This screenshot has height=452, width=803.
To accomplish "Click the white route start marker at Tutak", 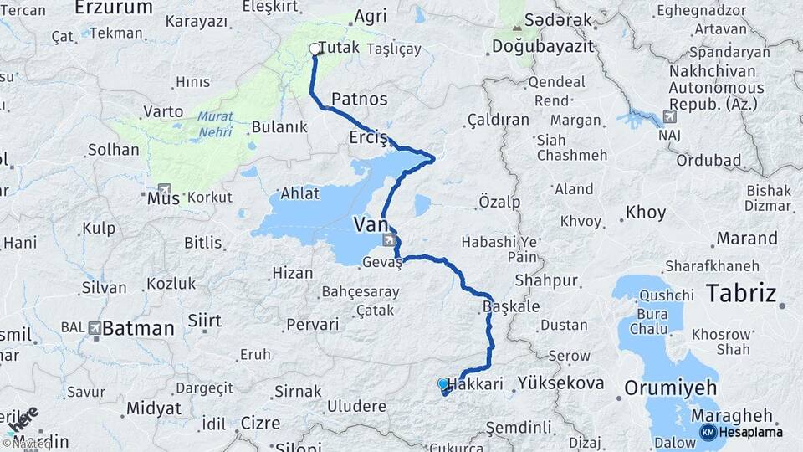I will (x=315, y=49).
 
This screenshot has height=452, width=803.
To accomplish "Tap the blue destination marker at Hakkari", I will (x=443, y=384).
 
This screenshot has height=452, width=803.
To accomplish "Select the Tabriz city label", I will (x=741, y=294).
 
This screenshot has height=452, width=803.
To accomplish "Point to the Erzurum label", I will (x=114, y=8).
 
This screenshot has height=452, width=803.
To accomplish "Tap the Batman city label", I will (x=139, y=327).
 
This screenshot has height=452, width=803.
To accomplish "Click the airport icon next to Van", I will (x=390, y=241).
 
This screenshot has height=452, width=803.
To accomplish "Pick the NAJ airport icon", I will (x=668, y=116).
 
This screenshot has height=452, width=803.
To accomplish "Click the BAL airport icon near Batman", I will (x=95, y=327).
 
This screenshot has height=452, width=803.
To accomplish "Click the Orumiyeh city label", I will (x=671, y=388).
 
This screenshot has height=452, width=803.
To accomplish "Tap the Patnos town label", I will (x=360, y=99).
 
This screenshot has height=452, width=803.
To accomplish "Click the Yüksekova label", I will (x=560, y=383).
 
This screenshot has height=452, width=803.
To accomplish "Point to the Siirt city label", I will (x=204, y=321).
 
